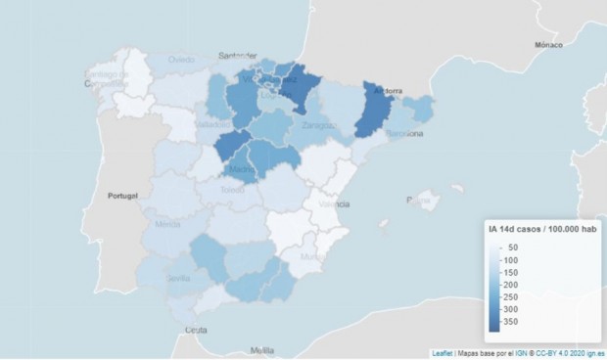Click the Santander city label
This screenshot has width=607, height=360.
click(x=239, y=56)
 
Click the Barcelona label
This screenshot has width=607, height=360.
click(x=404, y=133)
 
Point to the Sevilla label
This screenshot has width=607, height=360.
click(x=178, y=278)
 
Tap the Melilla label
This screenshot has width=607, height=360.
click(x=261, y=349)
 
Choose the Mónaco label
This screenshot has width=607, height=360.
click(x=549, y=45)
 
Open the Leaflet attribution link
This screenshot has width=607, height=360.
click(x=442, y=353)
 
